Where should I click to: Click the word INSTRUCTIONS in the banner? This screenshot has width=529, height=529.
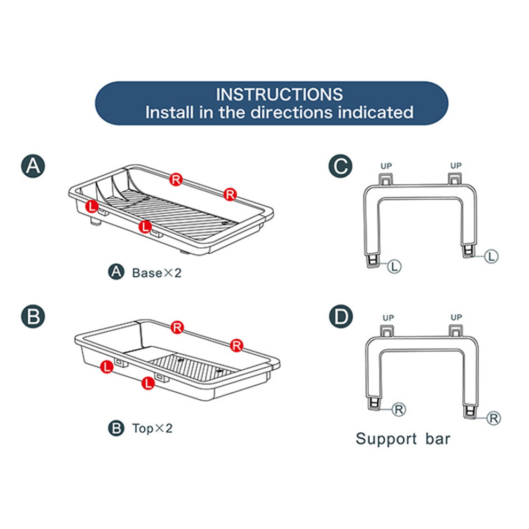coord(279,95)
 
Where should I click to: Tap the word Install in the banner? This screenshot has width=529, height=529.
coord(169,112)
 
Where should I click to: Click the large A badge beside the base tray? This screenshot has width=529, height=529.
coord(33,166)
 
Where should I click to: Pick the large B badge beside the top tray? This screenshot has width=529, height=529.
coord(33,316)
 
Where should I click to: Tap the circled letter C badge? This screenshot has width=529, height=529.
coord(340,166)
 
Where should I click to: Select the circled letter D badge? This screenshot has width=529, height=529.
coord(341,316)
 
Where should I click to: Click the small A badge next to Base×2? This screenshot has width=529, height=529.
coord(116,272)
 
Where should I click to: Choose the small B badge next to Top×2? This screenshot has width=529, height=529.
coord(116,428)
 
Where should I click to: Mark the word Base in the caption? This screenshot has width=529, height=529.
coord(147,273)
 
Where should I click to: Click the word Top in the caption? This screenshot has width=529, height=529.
coord(143,429)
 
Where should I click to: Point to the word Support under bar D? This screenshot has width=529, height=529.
coord(386,439)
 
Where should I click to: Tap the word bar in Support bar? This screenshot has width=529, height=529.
coord(438,439)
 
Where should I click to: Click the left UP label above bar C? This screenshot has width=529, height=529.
coord(386,166)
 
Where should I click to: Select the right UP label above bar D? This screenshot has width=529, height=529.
coord(456,317)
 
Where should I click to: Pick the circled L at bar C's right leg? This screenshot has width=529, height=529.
coord(491,256)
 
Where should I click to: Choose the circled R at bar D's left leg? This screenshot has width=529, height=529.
coord(399,409)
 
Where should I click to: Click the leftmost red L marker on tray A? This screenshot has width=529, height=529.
coord(92,206)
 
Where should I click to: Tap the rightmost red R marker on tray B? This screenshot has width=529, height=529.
coord(237,346)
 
